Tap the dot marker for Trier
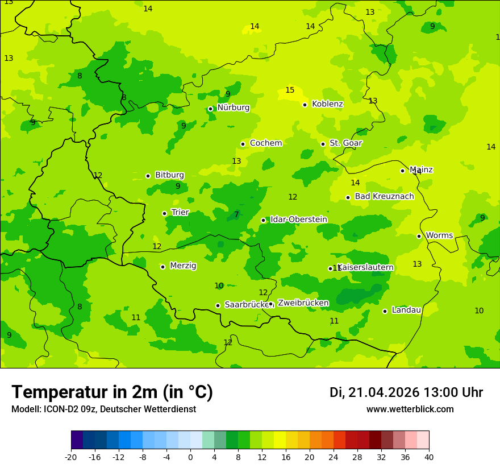(164, 213)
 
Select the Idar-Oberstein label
(299, 220)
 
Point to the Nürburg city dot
(210, 109)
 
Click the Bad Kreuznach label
(384, 197)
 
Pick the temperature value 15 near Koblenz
(290, 90)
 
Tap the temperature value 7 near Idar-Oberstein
(236, 215)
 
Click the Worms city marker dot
(419, 236)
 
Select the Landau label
(406, 310)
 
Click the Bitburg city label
(169, 175)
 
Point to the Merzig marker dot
(163, 267)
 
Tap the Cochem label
(266, 143)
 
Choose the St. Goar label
(345, 143)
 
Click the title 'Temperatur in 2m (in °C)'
(112, 392)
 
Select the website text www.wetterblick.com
(410, 409)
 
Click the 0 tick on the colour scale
(190, 457)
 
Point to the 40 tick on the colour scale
(429, 457)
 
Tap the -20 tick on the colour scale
(71, 457)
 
